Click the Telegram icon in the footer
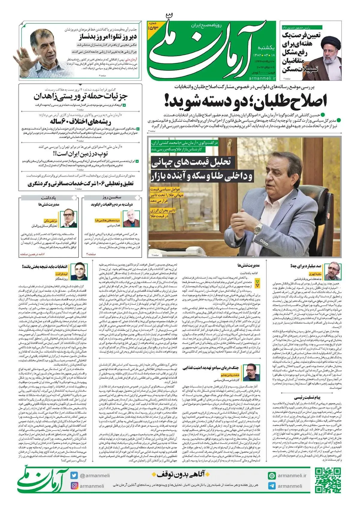click(x=272, y=486)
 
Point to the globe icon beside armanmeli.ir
click(x=272, y=476)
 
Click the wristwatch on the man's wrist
click(x=257, y=230)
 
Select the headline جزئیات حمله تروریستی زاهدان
click(x=80, y=97)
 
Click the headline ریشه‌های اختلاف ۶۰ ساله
click(x=80, y=122)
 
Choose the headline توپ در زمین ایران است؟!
click(x=80, y=154)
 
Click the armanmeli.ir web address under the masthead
click(x=262, y=78)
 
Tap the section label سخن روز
click(x=113, y=198)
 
